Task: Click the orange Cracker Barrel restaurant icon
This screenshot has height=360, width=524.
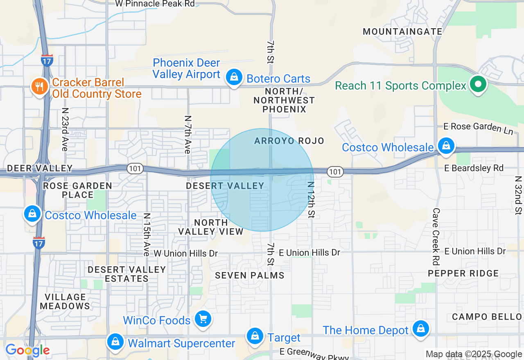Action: (x=39, y=87)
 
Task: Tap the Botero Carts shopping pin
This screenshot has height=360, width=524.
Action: (x=234, y=77)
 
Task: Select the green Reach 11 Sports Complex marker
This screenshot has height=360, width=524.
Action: (x=477, y=85)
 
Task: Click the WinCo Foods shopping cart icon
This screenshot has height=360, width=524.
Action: (x=203, y=319)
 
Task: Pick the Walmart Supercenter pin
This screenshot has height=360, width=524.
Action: (x=116, y=342)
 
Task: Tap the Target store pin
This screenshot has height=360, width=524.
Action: (x=255, y=337)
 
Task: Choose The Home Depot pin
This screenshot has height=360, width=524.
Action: (x=420, y=329)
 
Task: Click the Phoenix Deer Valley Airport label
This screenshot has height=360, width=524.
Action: (x=186, y=69)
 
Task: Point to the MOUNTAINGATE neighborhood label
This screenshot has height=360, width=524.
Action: (x=403, y=32)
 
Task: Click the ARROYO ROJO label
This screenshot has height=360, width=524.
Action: (x=289, y=141)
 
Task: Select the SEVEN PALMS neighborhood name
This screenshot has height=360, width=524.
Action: (x=250, y=275)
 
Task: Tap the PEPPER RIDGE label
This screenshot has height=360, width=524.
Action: (x=463, y=273)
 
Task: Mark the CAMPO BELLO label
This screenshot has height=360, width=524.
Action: (x=487, y=317)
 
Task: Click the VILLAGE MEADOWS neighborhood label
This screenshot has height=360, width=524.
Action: (x=65, y=301)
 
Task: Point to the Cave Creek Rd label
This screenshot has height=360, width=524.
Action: (x=436, y=236)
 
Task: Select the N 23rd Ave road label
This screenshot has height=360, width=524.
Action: (x=65, y=129)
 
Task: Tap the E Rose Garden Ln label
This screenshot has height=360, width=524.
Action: (x=479, y=127)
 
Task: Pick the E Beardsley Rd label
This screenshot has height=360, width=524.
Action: (x=474, y=168)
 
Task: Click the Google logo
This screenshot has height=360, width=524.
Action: (x=27, y=350)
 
